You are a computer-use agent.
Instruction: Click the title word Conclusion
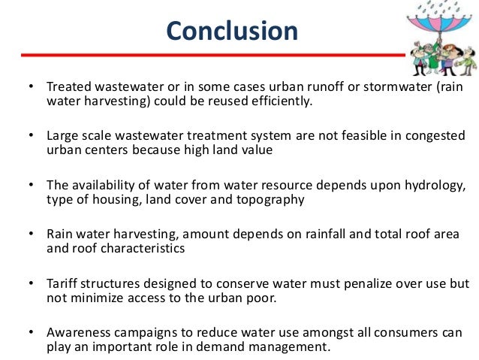point(232,31)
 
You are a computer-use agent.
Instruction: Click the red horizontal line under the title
point(210,56)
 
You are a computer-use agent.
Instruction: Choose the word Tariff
point(62,285)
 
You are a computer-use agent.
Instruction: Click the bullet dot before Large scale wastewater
point(32,136)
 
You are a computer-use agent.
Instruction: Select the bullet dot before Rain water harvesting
point(32,235)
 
